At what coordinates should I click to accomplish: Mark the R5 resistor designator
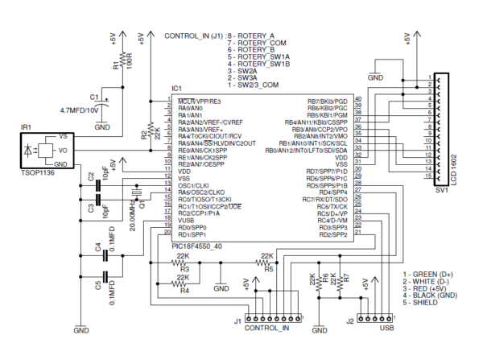[x=270, y=269]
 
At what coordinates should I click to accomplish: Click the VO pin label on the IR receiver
[x=61, y=151]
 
